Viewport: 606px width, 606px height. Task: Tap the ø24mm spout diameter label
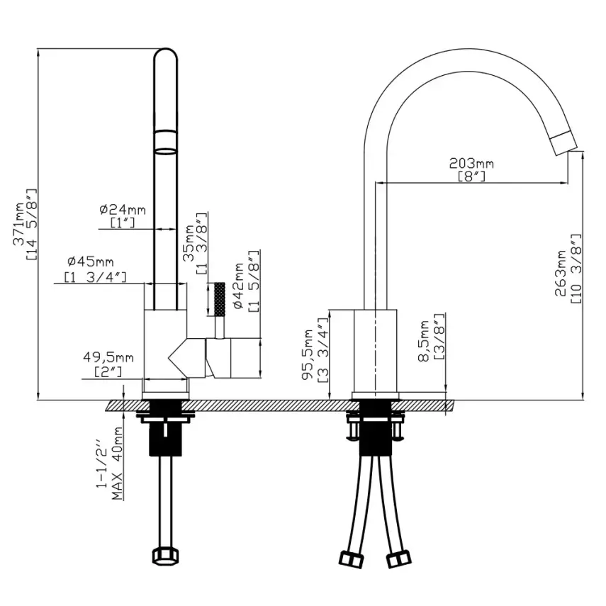(122, 210)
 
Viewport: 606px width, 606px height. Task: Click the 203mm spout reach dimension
(471, 164)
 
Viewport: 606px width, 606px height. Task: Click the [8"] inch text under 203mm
(471, 176)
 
